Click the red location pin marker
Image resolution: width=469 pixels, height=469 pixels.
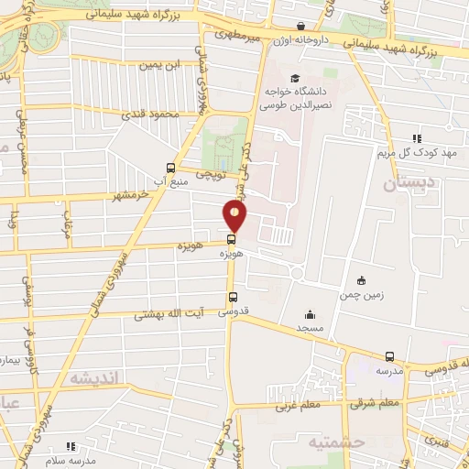pos(235,217)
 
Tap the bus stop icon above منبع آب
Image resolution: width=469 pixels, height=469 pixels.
pos(170,168)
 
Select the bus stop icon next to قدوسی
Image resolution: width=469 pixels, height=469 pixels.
pos(233,298)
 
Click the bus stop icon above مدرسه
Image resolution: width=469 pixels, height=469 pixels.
pos(389,357)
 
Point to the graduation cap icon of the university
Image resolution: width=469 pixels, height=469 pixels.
pos(294,78)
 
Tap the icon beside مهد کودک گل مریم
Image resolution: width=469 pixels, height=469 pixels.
pos(416,138)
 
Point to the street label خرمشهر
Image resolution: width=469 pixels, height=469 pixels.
pos(130,196)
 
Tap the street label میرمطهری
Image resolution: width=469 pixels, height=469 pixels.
pos(240,34)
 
